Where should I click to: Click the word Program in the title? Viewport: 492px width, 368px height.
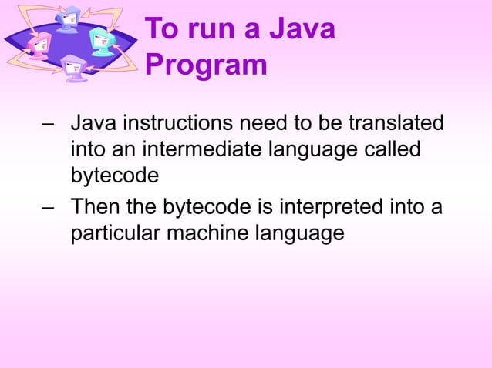[205, 65]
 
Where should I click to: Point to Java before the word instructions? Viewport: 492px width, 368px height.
[93, 123]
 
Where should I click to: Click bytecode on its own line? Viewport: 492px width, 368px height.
[115, 175]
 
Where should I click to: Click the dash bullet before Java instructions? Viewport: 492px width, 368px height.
[49, 124]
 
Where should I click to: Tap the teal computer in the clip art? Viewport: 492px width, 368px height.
[100, 38]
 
